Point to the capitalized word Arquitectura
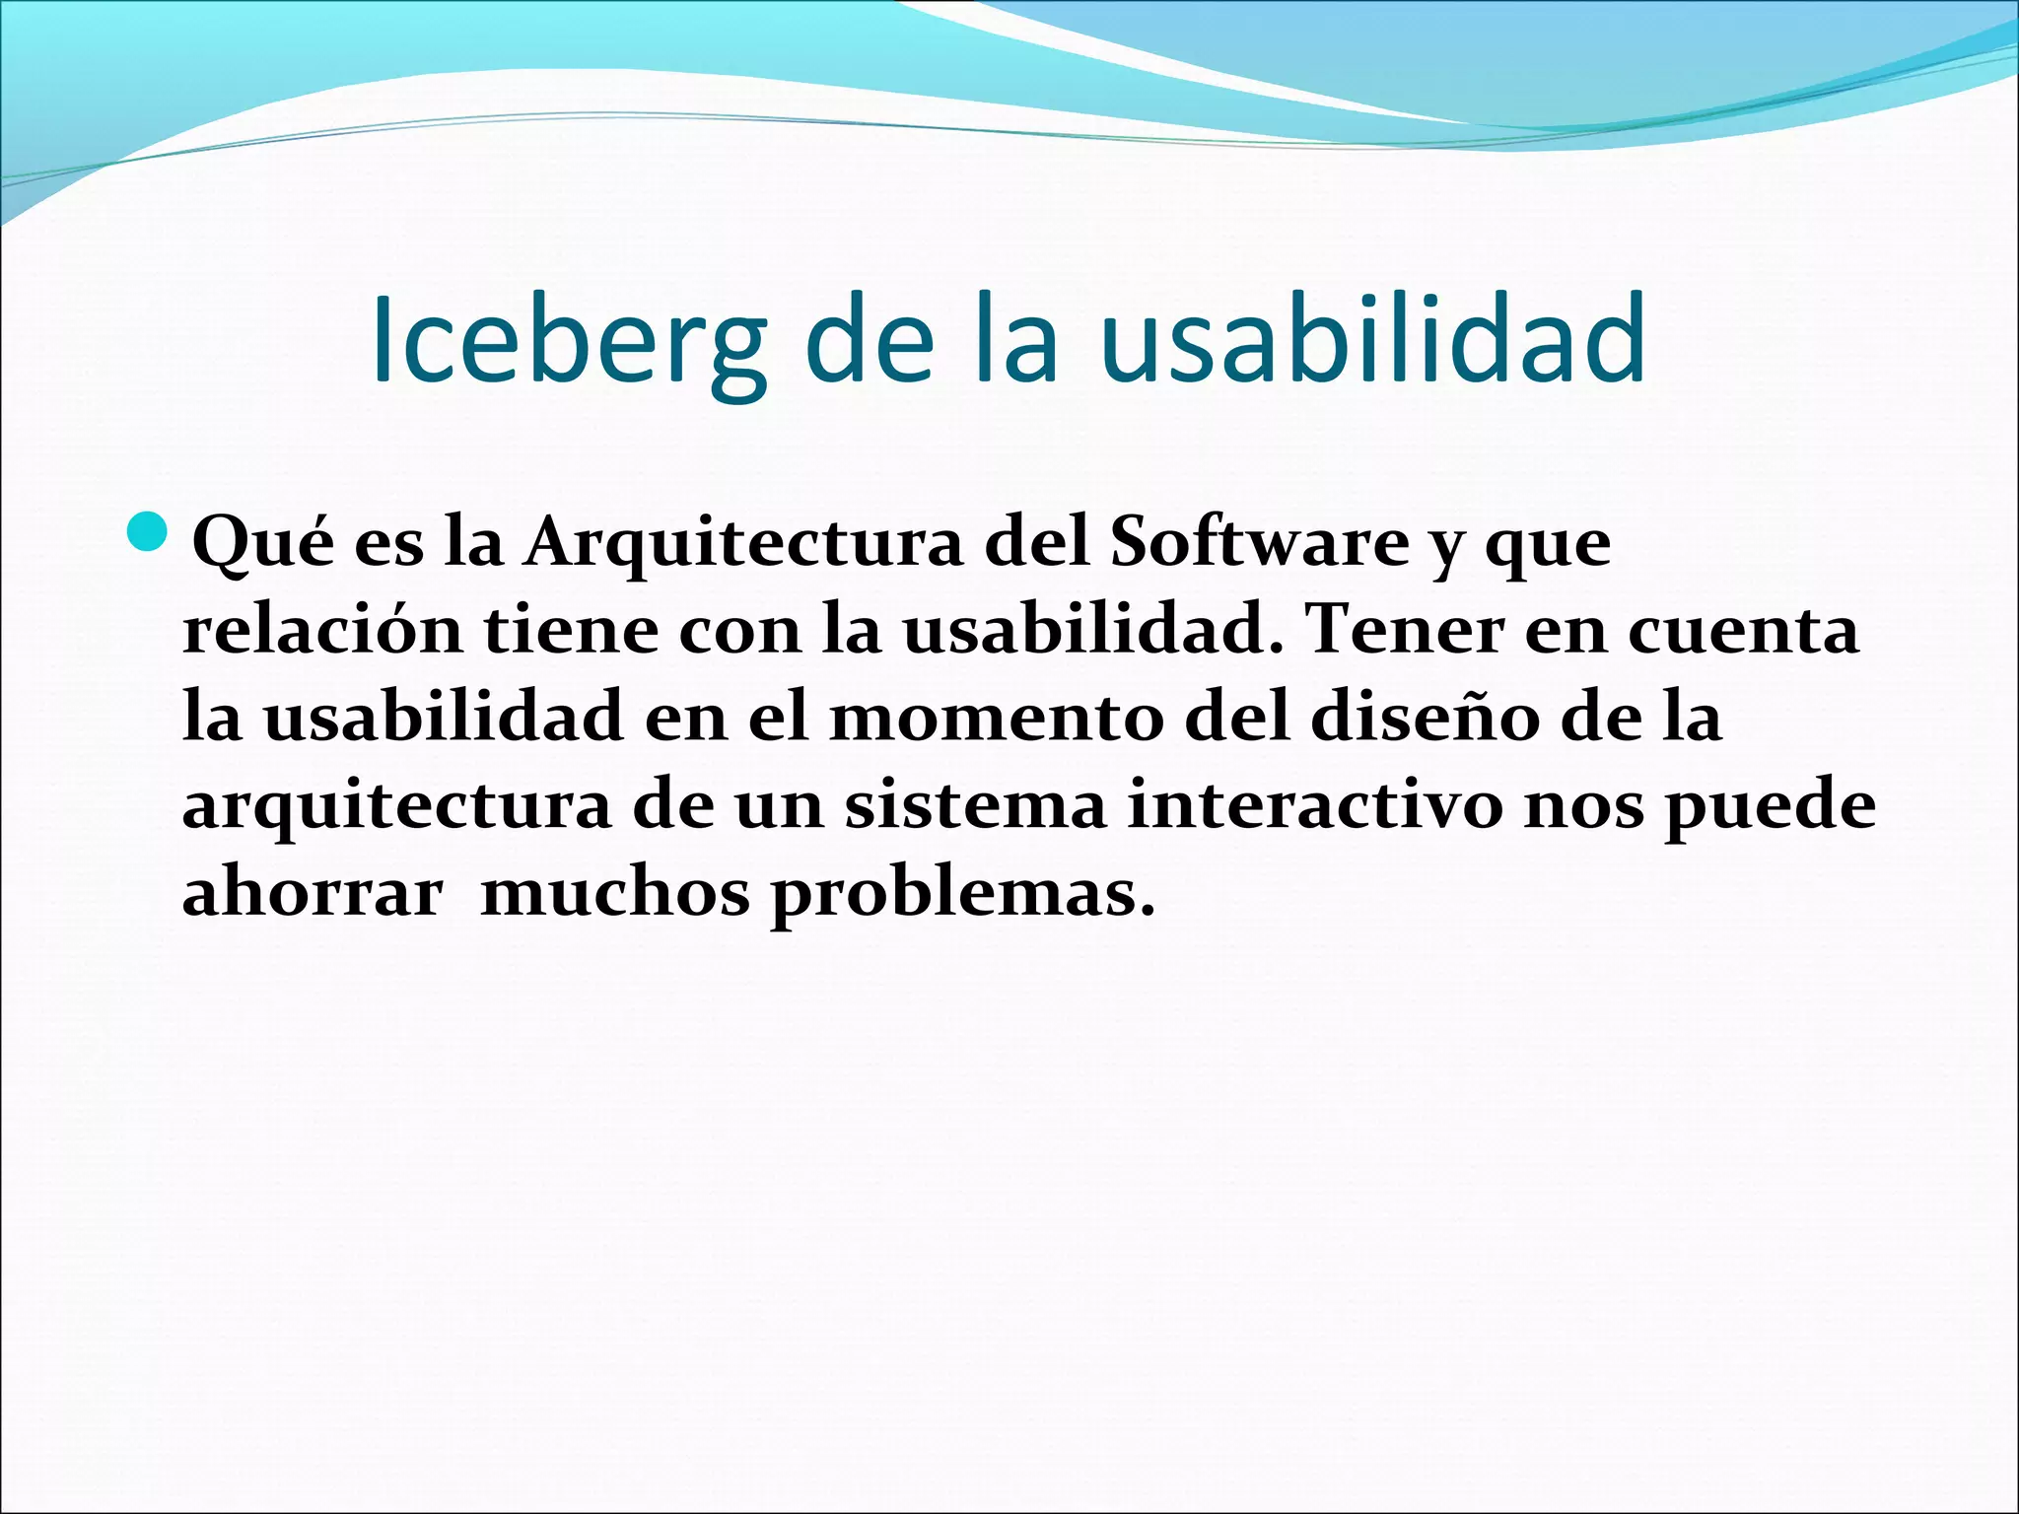(x=742, y=542)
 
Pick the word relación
(x=322, y=630)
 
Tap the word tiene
(x=571, y=630)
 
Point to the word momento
(x=997, y=718)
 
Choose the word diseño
(x=1424, y=718)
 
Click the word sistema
(x=975, y=805)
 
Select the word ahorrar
(x=313, y=894)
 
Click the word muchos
(x=615, y=894)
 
